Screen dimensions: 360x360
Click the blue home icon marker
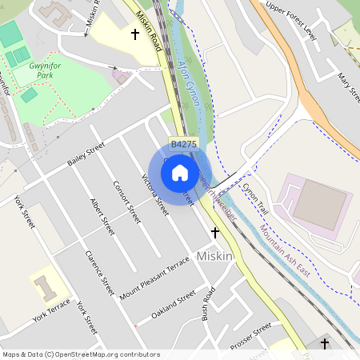point(180,172)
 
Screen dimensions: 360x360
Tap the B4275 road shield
point(183,144)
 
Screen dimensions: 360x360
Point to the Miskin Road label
point(150,32)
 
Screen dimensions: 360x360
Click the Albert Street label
point(102,216)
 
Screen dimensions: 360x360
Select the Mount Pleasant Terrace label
point(154,277)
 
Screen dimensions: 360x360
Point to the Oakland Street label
point(173,305)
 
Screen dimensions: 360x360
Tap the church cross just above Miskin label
point(214,232)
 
